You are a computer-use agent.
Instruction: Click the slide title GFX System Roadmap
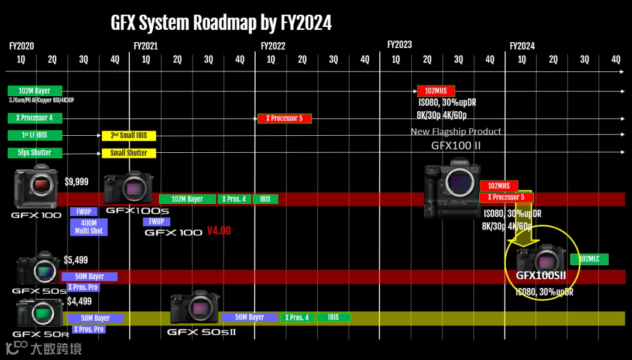tap(221, 23)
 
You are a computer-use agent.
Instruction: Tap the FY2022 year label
tap(273, 46)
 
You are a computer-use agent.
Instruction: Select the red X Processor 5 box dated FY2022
tap(284, 118)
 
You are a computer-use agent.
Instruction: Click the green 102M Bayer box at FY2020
tap(35, 91)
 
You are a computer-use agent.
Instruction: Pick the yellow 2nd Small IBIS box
tap(129, 136)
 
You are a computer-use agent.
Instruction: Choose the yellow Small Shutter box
tap(129, 153)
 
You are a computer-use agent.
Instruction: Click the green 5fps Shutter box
tap(34, 153)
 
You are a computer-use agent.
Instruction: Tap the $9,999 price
tap(77, 182)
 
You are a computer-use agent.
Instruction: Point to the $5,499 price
tap(77, 260)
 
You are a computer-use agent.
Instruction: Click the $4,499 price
tap(80, 301)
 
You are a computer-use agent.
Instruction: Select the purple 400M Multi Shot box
tap(88, 227)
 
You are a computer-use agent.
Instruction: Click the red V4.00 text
tap(219, 231)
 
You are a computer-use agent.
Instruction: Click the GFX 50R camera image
tap(40, 313)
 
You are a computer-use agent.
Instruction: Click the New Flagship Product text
tap(456, 132)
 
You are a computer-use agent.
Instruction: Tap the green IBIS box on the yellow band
tap(333, 317)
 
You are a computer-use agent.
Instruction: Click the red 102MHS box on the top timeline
tap(436, 91)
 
